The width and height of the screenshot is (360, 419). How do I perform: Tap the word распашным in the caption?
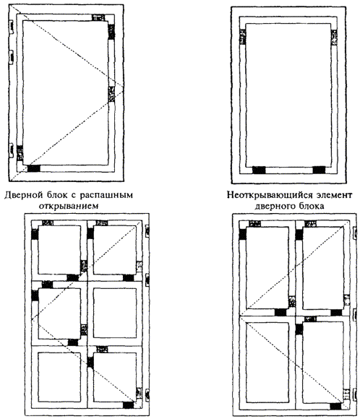click(107, 196)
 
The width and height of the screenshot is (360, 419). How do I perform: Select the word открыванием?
click(69, 207)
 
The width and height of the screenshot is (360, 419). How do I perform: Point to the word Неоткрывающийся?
click(270, 195)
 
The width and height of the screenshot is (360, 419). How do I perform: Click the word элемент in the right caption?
click(334, 195)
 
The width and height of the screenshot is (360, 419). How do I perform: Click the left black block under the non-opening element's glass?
click(260, 170)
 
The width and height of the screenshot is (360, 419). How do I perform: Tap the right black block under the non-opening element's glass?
click(319, 170)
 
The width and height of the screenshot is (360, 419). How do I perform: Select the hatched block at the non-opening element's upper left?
click(243, 37)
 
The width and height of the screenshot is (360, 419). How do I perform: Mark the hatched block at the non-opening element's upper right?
click(334, 37)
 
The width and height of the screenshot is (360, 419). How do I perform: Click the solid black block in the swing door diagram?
click(34, 168)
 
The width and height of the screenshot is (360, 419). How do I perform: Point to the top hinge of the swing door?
click(11, 27)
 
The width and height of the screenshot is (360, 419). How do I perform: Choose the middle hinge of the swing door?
click(11, 57)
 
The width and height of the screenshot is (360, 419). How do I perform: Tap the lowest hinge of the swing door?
click(11, 150)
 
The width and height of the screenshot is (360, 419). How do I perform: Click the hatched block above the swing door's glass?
click(98, 17)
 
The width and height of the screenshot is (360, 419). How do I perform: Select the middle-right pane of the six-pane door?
click(115, 313)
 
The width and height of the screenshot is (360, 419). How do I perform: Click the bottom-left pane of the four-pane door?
click(267, 362)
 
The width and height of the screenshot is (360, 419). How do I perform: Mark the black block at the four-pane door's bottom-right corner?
click(336, 406)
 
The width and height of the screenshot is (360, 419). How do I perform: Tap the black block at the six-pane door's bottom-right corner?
click(128, 405)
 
